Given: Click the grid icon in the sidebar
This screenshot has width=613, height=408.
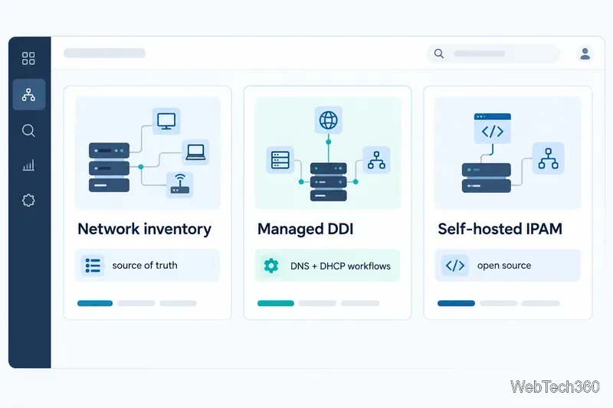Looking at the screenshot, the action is coord(28,58).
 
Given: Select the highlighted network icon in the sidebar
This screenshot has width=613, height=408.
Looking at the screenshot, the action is coord(28,94).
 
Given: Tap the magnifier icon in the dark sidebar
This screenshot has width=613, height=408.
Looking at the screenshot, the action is coord(28,130).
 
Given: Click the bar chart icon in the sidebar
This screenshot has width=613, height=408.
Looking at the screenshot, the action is coord(28,165).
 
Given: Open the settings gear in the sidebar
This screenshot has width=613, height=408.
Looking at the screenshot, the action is coord(28,201).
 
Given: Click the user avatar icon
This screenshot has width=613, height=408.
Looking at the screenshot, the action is coord(585,54).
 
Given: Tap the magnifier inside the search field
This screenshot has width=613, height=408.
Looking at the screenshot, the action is coord(439,54).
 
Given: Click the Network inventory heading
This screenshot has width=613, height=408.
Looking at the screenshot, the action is coord(144,229).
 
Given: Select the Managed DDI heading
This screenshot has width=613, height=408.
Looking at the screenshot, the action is coord(305,229).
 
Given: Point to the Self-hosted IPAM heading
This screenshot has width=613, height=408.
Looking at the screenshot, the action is coord(500,229).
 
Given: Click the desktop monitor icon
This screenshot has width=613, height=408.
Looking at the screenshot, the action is coord(166,121).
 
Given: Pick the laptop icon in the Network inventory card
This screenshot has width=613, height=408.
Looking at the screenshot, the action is coord(195,152).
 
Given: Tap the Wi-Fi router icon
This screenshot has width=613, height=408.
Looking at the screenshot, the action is coord(180,184).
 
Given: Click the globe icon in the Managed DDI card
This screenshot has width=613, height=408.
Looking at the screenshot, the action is coord(329,120).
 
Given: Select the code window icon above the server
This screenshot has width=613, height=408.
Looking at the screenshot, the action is coord(492,128).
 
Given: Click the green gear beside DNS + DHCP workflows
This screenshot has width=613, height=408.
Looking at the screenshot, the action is coord(271,266).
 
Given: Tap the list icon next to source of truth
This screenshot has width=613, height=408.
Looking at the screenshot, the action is coord(93,266).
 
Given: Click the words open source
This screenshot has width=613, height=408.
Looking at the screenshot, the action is coord(504,266).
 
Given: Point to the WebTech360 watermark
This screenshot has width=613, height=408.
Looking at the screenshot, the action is coord(554,387).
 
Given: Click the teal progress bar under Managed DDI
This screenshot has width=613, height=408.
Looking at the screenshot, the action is coord(276,303).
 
